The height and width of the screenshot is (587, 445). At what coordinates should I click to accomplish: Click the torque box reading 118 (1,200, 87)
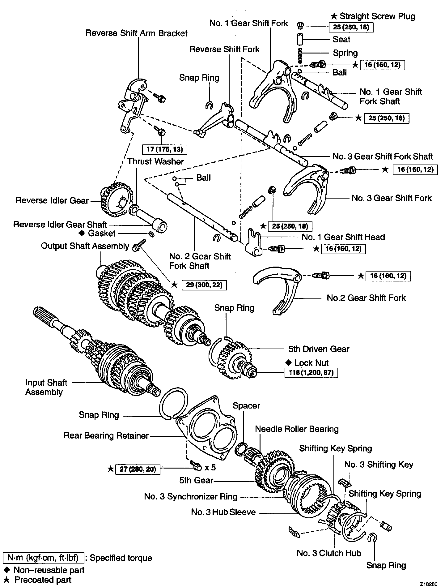point(311,373)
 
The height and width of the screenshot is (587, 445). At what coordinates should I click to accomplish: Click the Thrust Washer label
point(155,161)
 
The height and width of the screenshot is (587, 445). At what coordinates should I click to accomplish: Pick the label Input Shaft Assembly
point(46,387)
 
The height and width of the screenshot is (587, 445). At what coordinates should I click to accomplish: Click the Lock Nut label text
point(311,363)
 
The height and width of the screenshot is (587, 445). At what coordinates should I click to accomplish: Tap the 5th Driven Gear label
point(319,349)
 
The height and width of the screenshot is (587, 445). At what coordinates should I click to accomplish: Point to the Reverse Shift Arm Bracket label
point(137,33)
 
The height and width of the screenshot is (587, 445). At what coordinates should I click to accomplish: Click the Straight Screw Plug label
point(377,16)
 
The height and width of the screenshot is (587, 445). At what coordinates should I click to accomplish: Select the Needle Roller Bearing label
point(297,429)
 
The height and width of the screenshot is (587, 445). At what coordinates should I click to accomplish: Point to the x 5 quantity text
point(210,467)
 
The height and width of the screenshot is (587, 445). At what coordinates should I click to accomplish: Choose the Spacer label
point(246,405)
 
